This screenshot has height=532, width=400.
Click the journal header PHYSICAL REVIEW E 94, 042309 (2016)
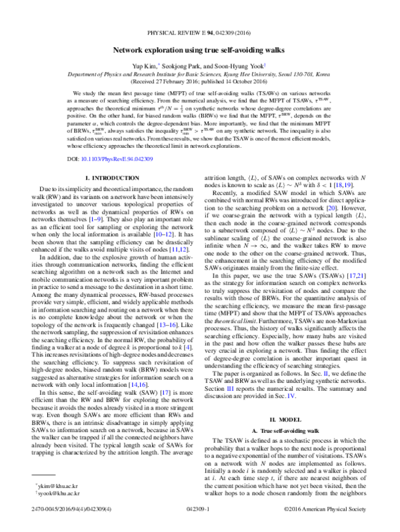click(199, 31)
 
